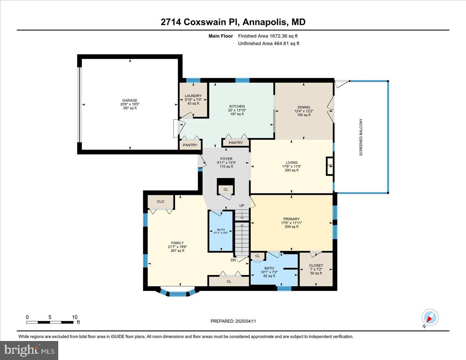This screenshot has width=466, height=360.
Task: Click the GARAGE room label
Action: (130, 100)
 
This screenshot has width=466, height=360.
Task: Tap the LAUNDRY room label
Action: (193, 96)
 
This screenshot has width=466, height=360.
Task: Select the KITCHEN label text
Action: (237, 106)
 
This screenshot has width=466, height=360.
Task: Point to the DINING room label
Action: (304, 107)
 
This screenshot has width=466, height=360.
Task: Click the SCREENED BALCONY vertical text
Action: (361, 137)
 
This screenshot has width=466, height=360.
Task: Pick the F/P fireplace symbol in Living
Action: (330, 166)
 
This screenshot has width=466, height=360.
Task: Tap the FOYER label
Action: (226, 159)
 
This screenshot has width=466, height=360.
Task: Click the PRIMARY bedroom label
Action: (291, 219)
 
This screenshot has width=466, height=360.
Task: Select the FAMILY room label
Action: (177, 243)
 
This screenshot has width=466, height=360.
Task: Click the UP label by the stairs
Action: (242, 205)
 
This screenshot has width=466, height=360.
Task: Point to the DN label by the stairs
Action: (233, 260)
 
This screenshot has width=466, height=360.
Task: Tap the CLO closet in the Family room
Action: (161, 202)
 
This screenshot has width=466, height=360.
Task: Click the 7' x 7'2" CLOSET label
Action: (316, 266)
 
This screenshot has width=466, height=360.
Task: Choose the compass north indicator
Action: (430, 318)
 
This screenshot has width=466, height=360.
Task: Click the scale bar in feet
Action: (50, 322)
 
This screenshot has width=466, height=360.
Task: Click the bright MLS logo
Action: (29, 350)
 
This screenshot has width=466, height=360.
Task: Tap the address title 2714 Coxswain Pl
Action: (200, 22)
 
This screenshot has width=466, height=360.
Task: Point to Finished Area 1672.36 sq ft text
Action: (268, 36)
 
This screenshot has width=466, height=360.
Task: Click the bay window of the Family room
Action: (178, 292)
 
